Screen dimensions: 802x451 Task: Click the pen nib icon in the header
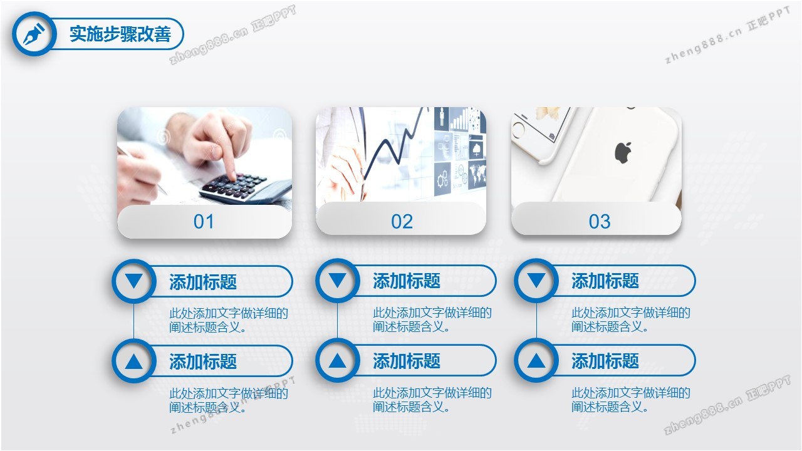click(34, 34)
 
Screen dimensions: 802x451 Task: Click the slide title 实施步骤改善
click(120, 34)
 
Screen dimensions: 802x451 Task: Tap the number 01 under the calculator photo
click(204, 222)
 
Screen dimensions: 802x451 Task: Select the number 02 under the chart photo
click(402, 222)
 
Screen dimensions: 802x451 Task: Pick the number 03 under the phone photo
click(600, 222)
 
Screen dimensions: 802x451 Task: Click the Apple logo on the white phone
click(623, 153)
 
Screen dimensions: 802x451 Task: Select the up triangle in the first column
click(134, 361)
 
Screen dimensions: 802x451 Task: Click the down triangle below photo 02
click(337, 280)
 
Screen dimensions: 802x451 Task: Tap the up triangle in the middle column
click(337, 360)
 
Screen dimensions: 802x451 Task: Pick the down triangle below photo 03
click(536, 280)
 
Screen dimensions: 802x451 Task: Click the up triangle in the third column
click(536, 360)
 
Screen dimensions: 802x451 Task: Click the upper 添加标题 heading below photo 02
click(407, 281)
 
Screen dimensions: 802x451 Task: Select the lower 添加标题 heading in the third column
click(605, 361)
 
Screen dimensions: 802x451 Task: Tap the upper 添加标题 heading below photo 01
click(203, 282)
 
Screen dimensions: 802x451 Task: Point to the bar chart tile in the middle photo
click(459, 119)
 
